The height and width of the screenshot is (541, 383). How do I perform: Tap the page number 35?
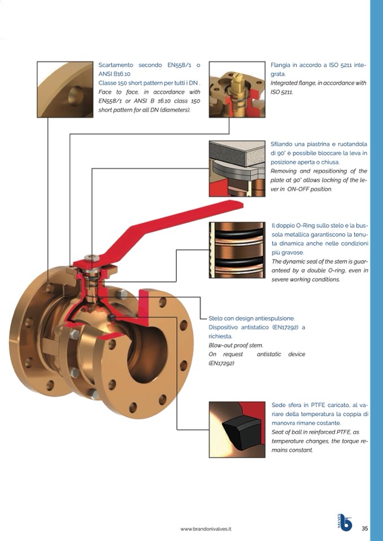[x=365, y=529]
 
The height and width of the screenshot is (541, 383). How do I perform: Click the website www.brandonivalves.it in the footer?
[x=206, y=529]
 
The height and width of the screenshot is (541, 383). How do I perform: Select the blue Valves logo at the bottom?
[x=345, y=523]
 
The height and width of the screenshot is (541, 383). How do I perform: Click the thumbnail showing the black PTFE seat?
[x=237, y=429]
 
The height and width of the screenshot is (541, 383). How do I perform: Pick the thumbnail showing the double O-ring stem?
[x=237, y=250]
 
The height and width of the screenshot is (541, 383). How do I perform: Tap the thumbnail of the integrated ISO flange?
[x=237, y=89]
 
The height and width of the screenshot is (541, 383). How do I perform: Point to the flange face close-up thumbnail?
[x=65, y=89]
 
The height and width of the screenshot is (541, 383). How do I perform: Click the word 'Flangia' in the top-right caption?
[x=282, y=65]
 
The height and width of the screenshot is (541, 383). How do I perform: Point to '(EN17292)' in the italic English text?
[x=221, y=363]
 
